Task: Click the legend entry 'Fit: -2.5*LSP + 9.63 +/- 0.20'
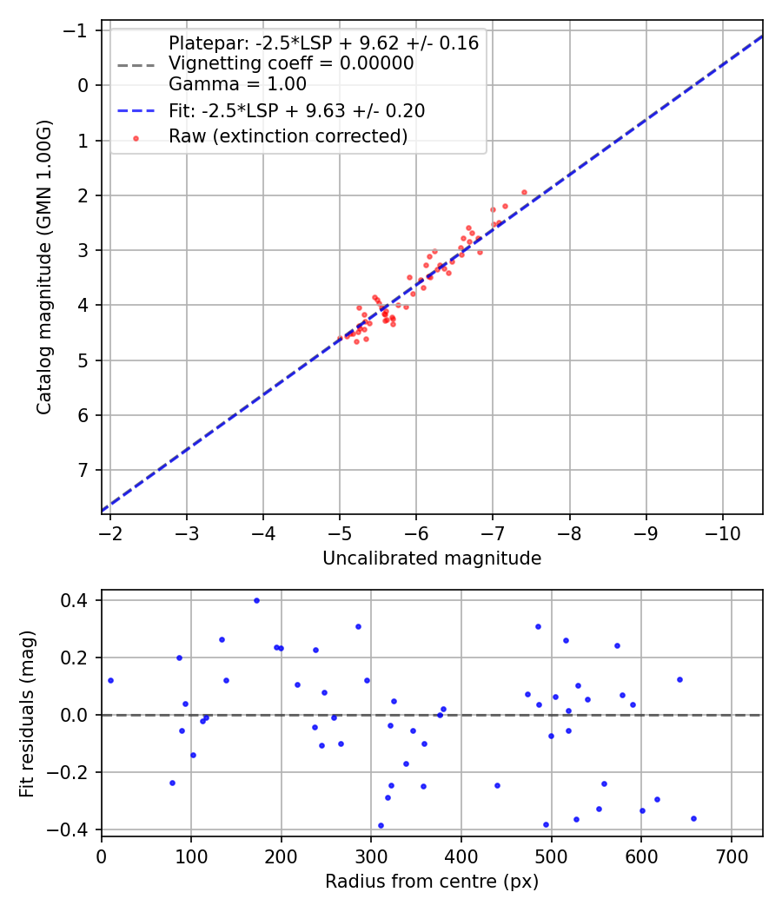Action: tap(296, 111)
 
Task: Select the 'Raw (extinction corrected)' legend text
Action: tap(288, 136)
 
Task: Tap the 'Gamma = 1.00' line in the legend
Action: tap(237, 84)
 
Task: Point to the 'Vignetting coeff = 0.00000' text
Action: tap(290, 63)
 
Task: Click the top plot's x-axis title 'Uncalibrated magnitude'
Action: tap(432, 558)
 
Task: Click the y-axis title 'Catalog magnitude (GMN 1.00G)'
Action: tap(44, 268)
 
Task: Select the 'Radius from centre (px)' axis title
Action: tap(432, 882)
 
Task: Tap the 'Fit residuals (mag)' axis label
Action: tap(27, 713)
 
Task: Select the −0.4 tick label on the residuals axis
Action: tap(77, 829)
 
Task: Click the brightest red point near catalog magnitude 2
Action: tap(524, 192)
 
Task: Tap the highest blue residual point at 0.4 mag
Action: tap(256, 600)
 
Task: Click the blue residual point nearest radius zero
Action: tap(110, 680)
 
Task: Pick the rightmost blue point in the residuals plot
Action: tap(693, 818)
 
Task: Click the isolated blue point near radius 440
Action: tap(497, 785)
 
